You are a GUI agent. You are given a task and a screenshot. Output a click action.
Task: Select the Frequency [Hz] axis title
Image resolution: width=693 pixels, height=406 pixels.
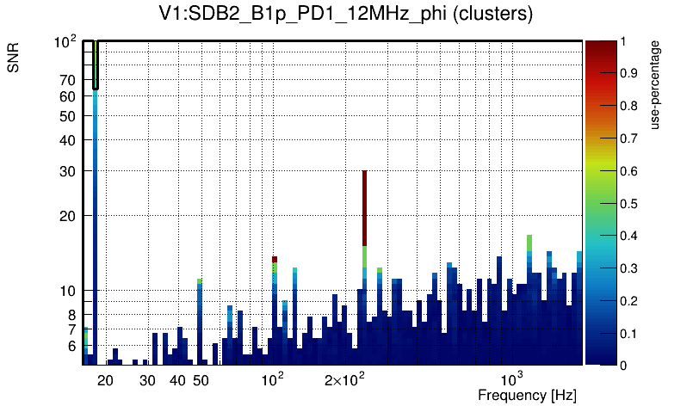[527, 395]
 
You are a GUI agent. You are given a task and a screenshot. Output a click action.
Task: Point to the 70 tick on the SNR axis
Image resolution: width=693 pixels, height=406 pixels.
[68, 81]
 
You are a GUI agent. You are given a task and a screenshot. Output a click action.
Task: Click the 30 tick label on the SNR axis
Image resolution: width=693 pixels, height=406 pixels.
[68, 171]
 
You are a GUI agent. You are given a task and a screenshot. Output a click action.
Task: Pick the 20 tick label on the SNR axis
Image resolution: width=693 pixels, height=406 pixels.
[68, 216]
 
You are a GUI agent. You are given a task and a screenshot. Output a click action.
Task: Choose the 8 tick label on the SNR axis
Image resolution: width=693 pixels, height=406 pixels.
[71, 315]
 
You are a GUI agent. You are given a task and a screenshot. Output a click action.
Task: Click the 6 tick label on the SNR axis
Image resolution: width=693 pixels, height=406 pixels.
[71, 346]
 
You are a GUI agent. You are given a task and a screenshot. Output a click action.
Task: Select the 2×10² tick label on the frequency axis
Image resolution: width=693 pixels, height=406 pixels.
[344, 379]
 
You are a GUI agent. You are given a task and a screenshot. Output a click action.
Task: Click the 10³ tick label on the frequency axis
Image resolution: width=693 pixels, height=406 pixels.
[512, 379]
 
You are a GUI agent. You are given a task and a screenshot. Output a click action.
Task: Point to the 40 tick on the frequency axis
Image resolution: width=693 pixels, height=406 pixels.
[177, 379]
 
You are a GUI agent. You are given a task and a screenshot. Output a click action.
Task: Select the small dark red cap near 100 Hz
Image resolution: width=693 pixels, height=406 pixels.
[275, 259]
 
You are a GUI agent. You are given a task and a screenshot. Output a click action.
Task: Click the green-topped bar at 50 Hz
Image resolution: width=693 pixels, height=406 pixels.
[200, 281]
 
